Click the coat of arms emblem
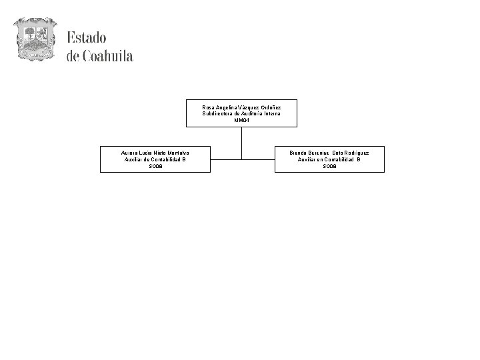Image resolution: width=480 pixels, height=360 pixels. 35,40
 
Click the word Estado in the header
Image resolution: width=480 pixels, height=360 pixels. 86,38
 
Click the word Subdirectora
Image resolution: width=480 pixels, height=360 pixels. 217,114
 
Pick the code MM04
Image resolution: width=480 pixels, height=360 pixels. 241,121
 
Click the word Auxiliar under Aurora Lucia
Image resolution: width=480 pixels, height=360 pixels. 134,159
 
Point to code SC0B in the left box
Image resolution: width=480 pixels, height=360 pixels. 155,166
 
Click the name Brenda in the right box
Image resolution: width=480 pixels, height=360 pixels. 299,153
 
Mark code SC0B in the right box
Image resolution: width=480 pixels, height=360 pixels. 329,166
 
